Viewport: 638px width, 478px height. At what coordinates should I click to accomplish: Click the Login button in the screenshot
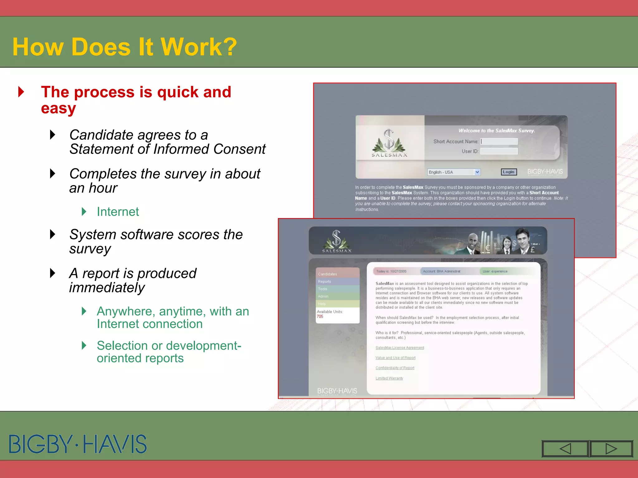(x=509, y=172)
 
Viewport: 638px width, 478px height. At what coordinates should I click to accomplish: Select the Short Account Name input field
(x=499, y=142)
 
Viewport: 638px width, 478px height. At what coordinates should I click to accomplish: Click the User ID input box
(x=499, y=151)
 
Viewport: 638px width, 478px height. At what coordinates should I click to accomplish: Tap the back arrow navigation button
(x=565, y=449)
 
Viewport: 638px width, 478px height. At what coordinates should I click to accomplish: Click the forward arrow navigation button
(x=611, y=449)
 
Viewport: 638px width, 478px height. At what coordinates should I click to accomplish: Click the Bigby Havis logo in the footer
(x=78, y=444)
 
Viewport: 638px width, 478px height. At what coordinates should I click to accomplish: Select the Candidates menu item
(x=328, y=274)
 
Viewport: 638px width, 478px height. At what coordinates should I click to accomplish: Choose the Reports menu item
(x=325, y=282)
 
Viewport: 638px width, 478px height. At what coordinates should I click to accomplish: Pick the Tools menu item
(x=323, y=289)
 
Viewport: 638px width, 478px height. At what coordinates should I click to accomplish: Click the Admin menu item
(x=323, y=297)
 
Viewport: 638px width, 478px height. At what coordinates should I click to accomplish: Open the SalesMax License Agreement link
(x=400, y=348)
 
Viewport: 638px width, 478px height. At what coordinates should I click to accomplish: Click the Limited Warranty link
(x=389, y=378)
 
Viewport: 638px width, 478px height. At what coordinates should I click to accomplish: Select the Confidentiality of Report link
(x=395, y=368)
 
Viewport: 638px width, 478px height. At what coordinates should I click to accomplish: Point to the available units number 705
(x=320, y=316)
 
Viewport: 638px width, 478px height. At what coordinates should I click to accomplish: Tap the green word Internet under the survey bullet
(x=118, y=212)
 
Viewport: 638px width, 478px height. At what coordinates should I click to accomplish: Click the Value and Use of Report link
(x=395, y=358)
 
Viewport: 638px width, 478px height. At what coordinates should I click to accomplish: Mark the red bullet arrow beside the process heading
(x=21, y=92)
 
